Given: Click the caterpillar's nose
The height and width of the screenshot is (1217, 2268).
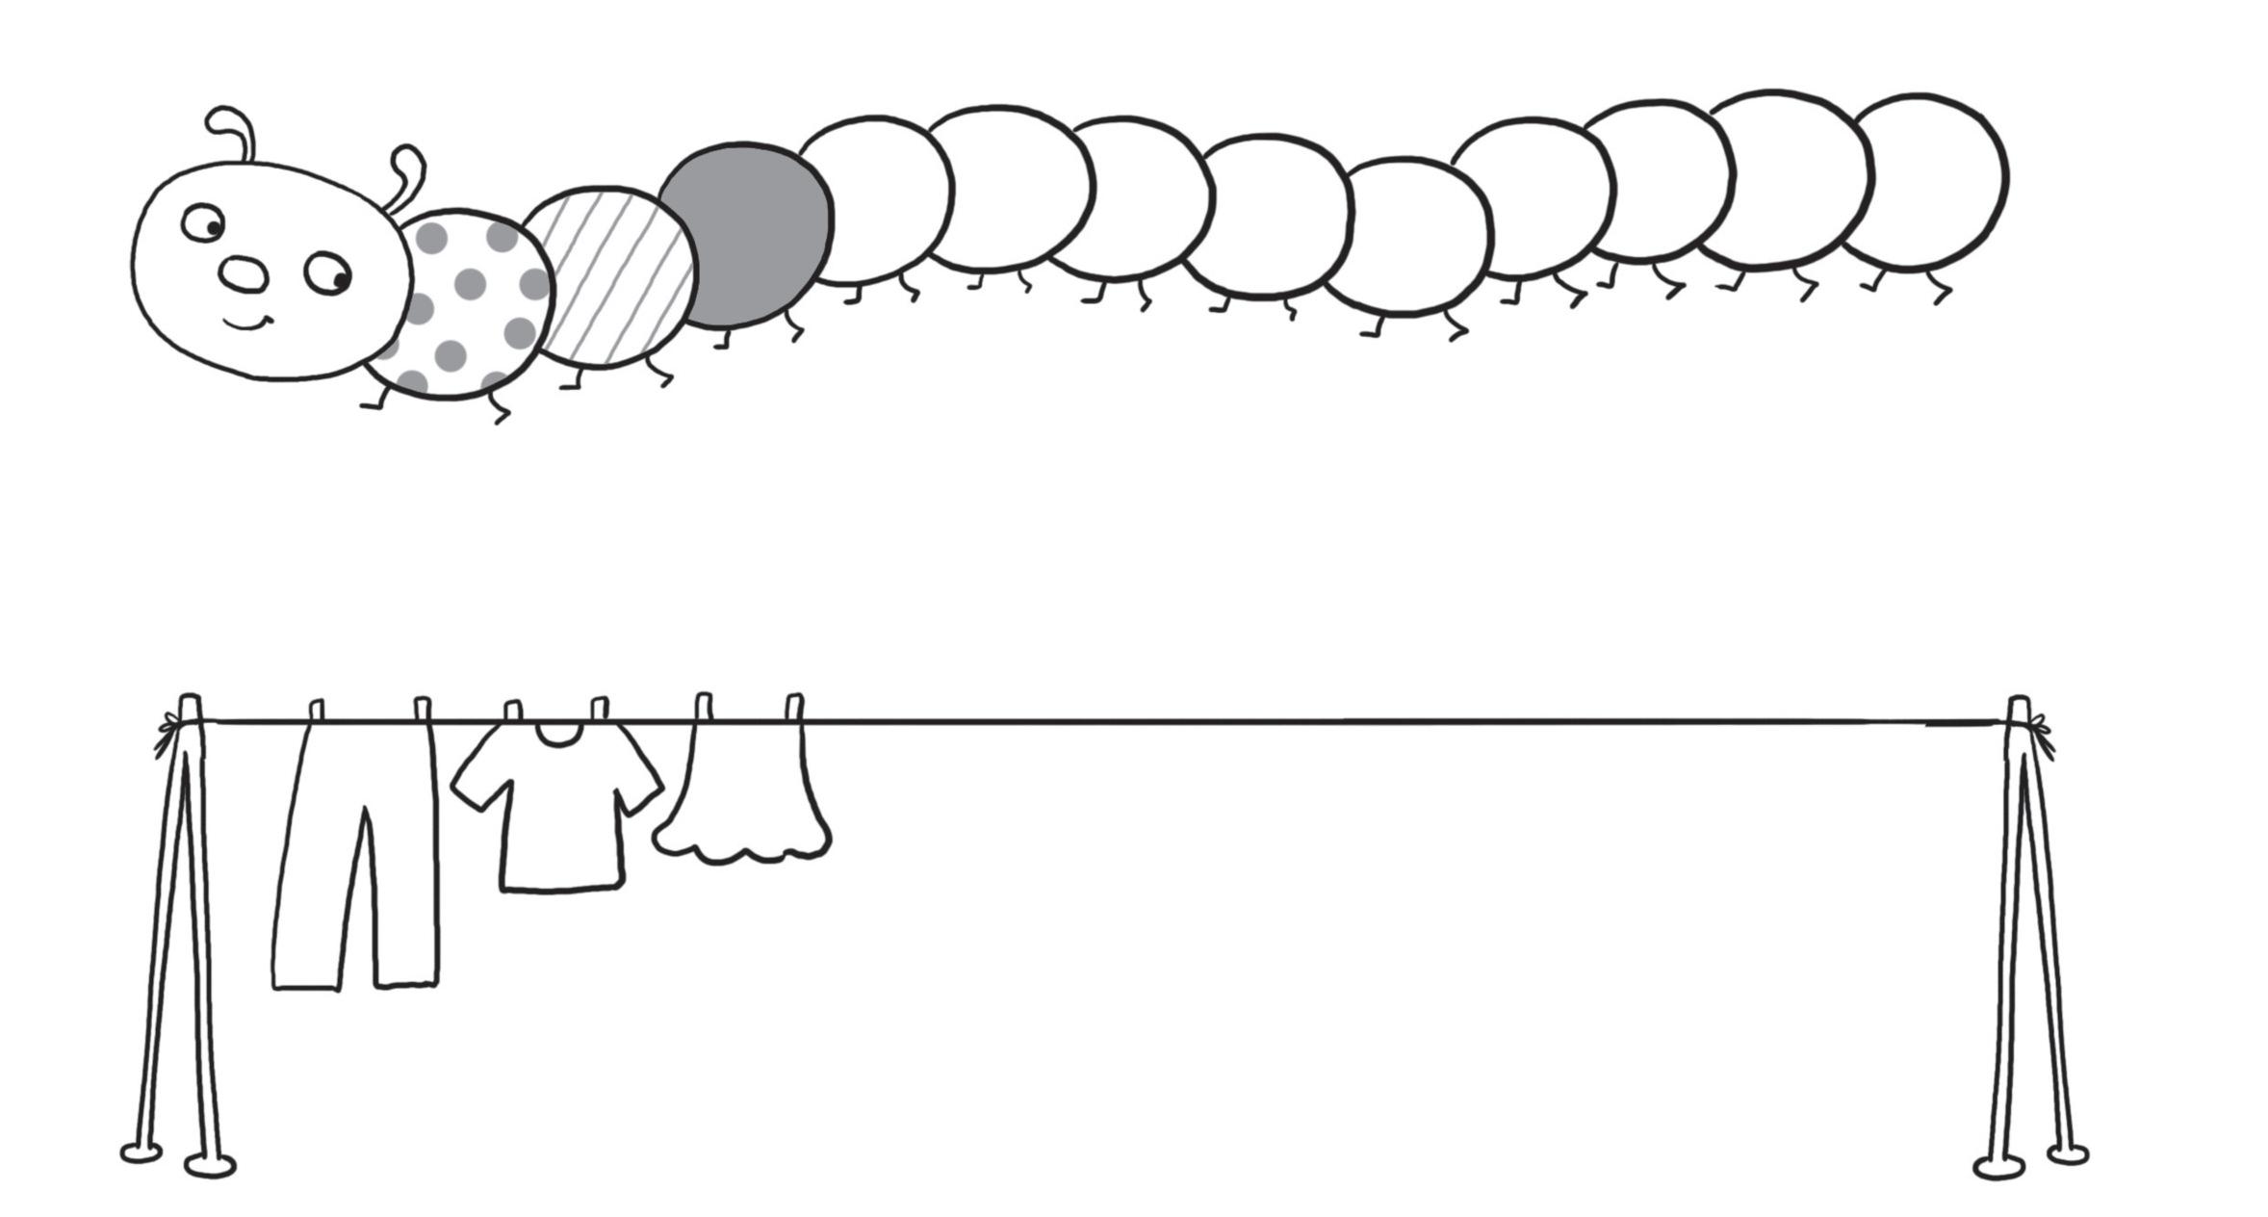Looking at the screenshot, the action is pyautogui.click(x=243, y=274).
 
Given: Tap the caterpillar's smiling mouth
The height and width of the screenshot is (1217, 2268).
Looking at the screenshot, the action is pyautogui.click(x=247, y=324).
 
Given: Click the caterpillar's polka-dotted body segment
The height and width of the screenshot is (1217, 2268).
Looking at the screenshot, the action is pyautogui.click(x=462, y=303).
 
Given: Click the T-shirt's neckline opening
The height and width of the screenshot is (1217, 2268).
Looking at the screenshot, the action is pyautogui.click(x=558, y=735).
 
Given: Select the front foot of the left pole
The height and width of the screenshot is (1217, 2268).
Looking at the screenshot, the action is pyautogui.click(x=210, y=1165).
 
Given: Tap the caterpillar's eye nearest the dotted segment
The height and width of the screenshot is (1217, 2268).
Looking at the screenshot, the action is pyautogui.click(x=328, y=273).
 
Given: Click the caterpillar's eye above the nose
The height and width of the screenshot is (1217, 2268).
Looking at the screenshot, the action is pyautogui.click(x=203, y=223).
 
